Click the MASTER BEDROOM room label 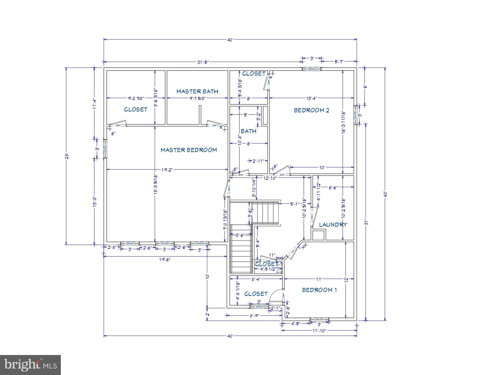(x=188, y=150)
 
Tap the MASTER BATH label (x=197, y=91)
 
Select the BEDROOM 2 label (x=311, y=110)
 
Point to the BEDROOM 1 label (x=319, y=290)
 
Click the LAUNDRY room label (x=333, y=225)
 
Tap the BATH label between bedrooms (x=248, y=131)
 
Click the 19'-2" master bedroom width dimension (x=167, y=170)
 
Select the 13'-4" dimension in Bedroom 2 (x=311, y=99)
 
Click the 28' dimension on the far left (x=66, y=156)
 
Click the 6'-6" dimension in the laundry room (x=333, y=187)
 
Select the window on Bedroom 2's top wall (x=312, y=69)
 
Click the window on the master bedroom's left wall (x=105, y=149)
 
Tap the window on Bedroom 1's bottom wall (x=319, y=319)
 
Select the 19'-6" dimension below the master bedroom (x=165, y=259)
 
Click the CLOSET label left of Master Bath (x=136, y=109)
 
